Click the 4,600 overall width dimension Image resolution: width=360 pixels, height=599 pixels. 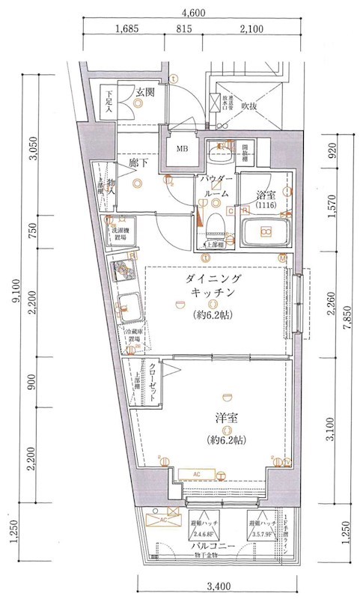pos(193,11)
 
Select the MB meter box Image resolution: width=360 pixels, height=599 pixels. pos(181,148)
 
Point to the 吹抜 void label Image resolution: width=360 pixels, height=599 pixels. pos(250,106)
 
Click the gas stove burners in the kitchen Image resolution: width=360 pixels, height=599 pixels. pos(122,270)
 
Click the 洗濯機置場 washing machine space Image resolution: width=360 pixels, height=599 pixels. pos(122,234)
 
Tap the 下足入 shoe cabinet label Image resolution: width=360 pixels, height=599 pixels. pos(109,103)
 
